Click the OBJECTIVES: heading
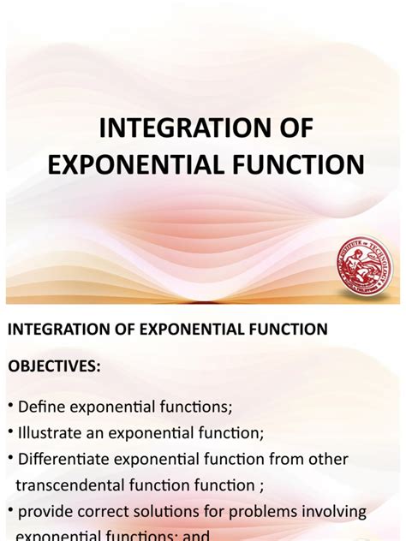55,366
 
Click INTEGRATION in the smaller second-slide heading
57,328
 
